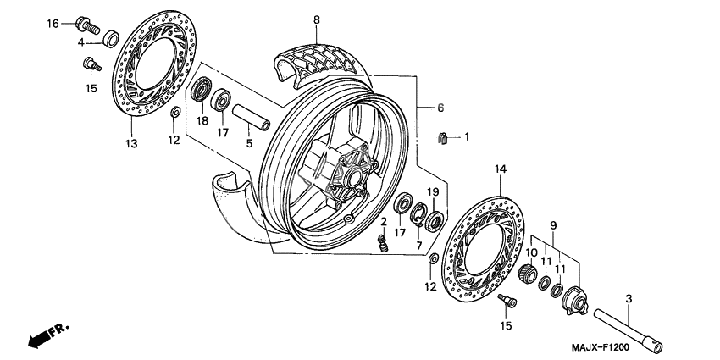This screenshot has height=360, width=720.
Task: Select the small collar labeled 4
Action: coord(110,39)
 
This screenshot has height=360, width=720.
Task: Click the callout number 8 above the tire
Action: coord(317,19)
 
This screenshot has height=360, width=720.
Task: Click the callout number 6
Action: coord(440,108)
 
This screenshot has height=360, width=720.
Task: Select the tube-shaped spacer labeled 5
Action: coord(249,117)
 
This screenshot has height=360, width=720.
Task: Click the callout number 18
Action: coord(202,121)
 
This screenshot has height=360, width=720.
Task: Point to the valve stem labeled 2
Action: coord(383,244)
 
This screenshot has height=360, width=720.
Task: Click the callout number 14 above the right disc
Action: coord(500,170)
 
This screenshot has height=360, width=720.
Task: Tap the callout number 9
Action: coord(553,224)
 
